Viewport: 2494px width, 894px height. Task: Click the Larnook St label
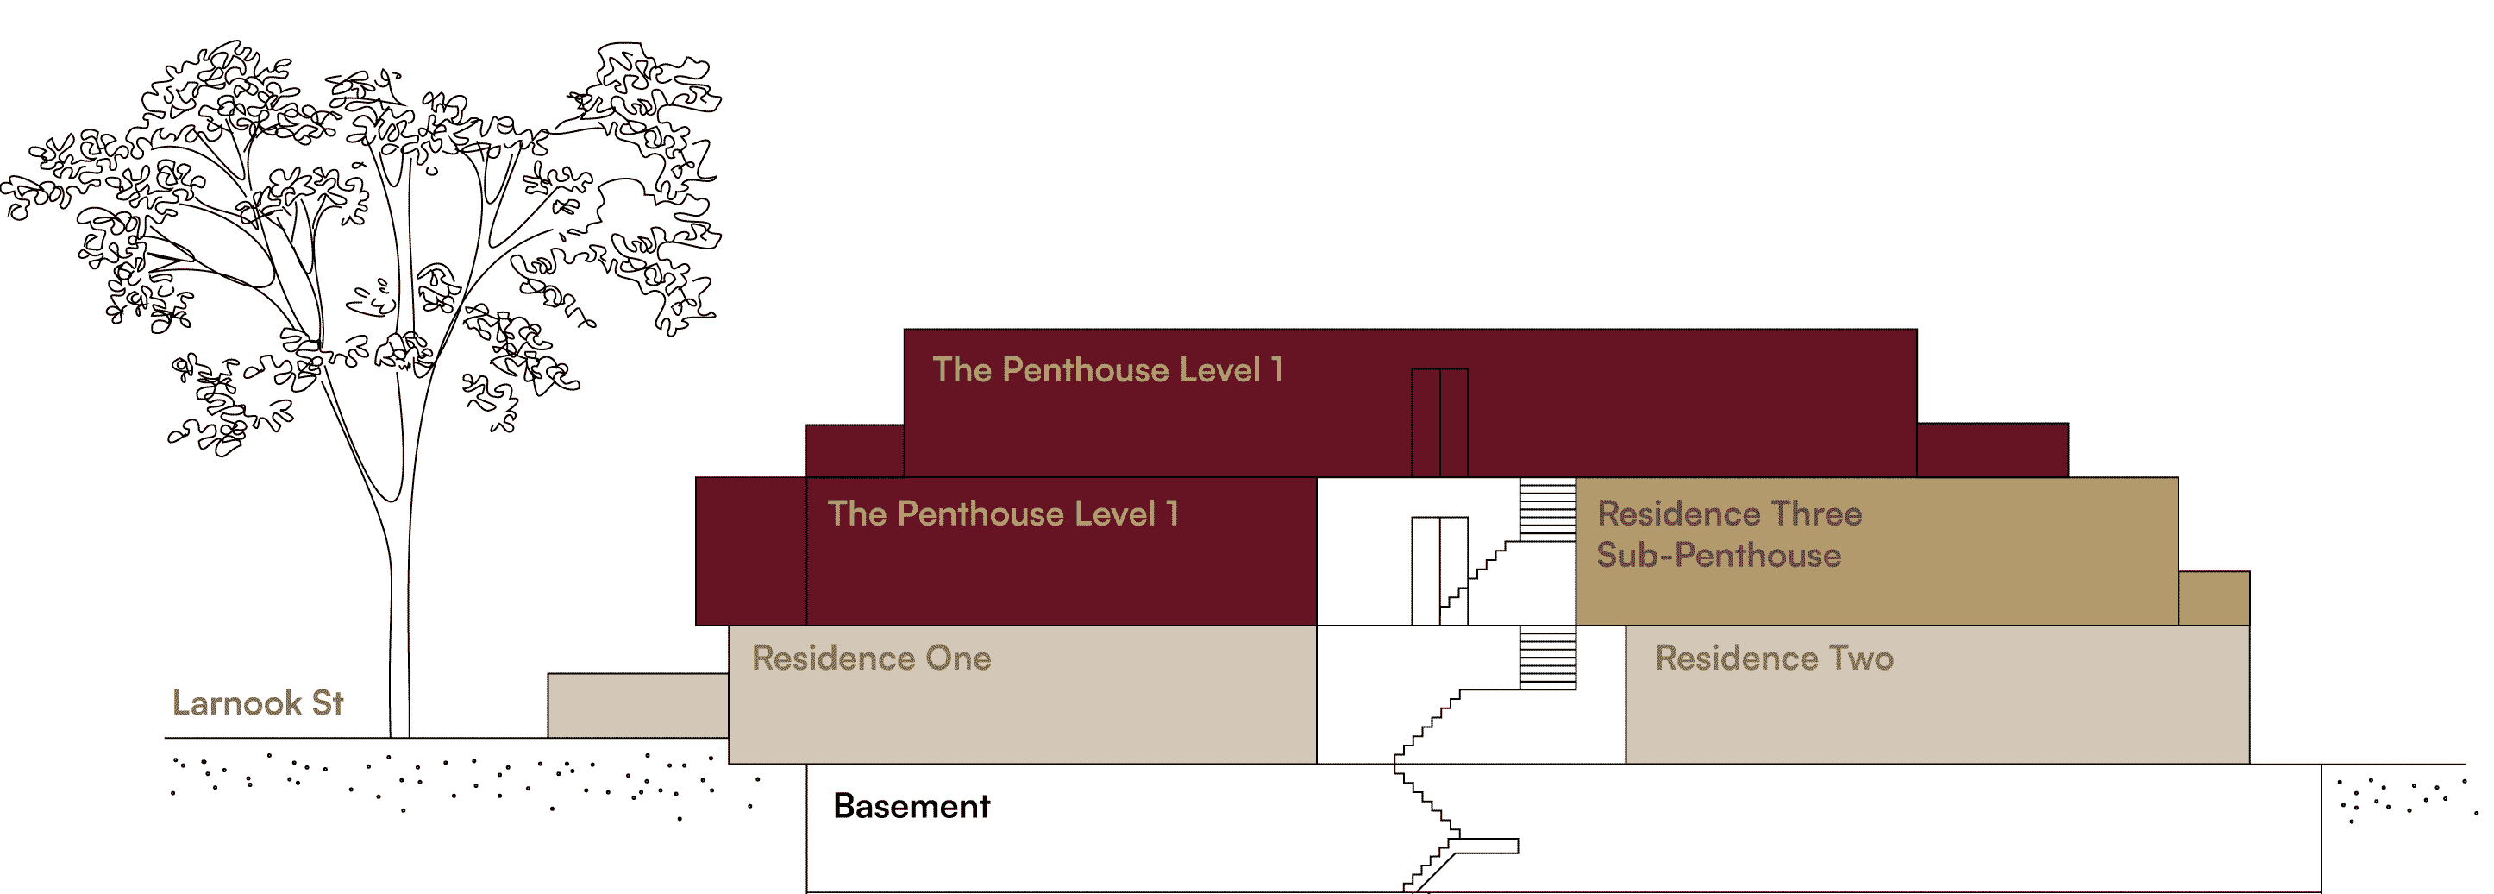[x=258, y=703]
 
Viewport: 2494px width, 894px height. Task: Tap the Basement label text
[x=911, y=806]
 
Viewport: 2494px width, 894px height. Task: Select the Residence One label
[x=871, y=658]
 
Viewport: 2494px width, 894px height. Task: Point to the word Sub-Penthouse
[x=1719, y=555]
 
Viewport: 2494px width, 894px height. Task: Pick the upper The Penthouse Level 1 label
[x=1107, y=370]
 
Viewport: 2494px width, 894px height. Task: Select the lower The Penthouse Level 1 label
[x=1003, y=513]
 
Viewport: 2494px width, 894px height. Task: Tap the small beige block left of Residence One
[x=638, y=705]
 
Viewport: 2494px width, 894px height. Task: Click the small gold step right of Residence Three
[x=2213, y=599]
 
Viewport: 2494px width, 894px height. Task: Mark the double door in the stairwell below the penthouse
[x=1439, y=571]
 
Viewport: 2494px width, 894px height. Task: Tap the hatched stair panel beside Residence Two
[x=1547, y=658]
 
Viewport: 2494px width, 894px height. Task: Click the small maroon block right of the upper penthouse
[x=1991, y=450]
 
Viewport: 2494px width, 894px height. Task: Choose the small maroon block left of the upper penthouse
[x=855, y=451]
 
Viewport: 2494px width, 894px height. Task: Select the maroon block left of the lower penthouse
[x=750, y=551]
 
